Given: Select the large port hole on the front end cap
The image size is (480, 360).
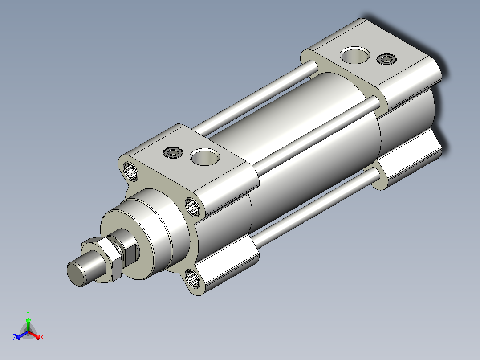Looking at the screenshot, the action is click(205, 157).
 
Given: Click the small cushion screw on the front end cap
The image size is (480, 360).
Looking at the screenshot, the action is click(173, 152).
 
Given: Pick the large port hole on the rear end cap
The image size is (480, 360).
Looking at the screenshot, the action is click(354, 55).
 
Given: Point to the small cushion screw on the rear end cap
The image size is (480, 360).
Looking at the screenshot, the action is click(386, 59).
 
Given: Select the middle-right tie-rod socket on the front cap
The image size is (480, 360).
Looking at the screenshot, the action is click(192, 207).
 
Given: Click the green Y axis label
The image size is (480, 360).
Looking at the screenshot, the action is click(28, 313).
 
